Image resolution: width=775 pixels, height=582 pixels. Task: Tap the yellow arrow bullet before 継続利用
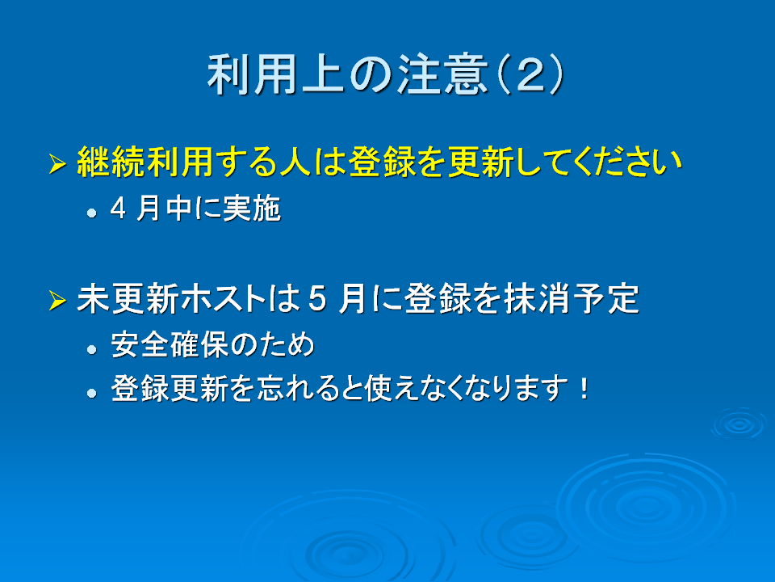click(57, 164)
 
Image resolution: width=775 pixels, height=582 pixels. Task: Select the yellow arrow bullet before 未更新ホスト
click(57, 300)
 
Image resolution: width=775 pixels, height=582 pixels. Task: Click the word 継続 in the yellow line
click(111, 162)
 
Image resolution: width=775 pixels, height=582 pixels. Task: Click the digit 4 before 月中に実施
click(118, 209)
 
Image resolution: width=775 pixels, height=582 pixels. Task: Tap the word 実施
click(252, 209)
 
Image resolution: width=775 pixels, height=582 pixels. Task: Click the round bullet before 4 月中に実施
click(91, 213)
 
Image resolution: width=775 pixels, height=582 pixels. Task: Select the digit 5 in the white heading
click(316, 299)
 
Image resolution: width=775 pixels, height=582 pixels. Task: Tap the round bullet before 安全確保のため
click(91, 350)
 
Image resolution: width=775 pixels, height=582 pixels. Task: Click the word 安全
click(140, 344)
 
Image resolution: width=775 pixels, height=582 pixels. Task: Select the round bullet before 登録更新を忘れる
click(91, 394)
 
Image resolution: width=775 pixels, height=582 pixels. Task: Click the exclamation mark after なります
click(584, 389)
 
